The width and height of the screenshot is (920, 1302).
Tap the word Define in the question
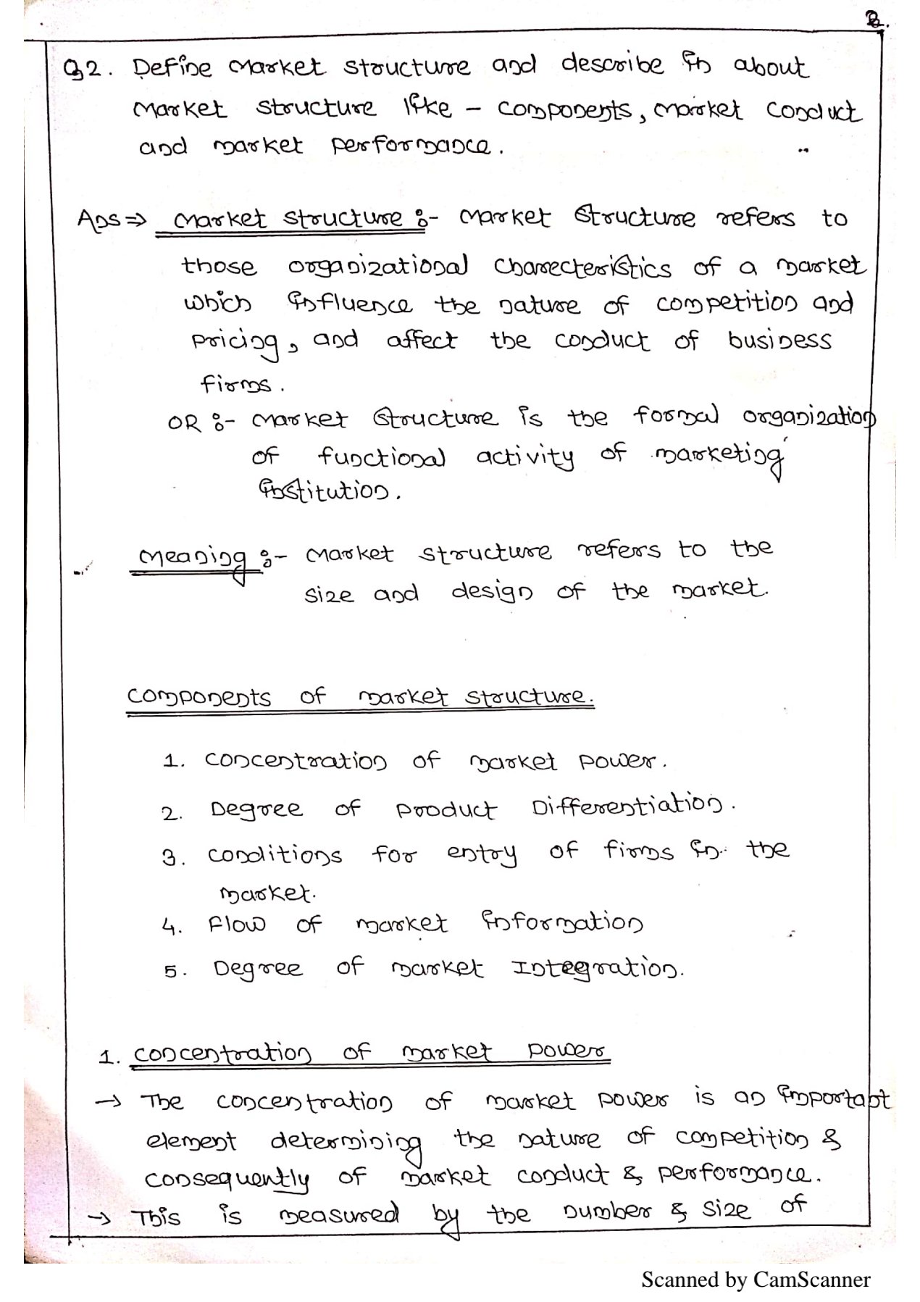172,68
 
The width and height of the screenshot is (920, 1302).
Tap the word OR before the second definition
184,422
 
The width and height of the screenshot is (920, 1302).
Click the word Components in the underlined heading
199,697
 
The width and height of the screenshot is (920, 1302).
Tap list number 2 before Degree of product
171,813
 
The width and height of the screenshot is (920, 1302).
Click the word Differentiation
627,806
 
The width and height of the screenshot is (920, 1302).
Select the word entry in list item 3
482,854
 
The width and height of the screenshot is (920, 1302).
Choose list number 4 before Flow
171,927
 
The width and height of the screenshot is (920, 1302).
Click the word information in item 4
561,923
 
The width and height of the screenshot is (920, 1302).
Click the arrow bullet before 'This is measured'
99,1217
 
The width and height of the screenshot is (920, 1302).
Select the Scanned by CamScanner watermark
755,1280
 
